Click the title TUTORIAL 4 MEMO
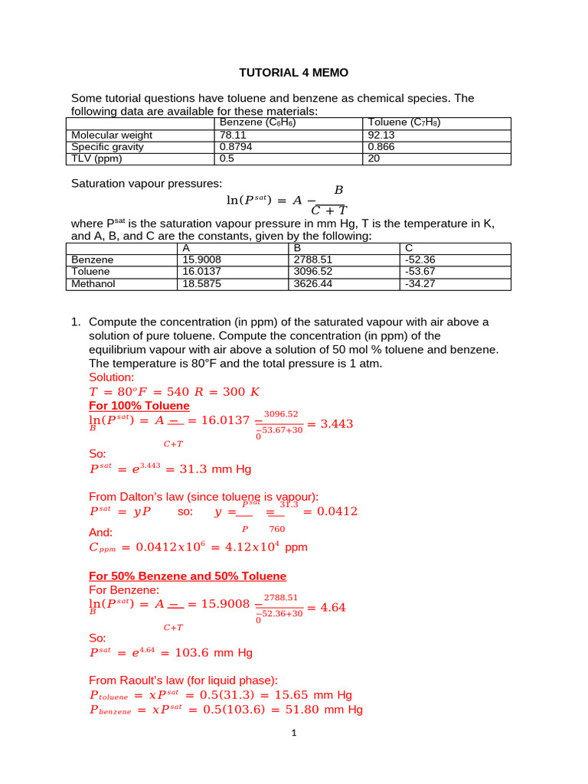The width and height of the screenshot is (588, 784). pos(293,73)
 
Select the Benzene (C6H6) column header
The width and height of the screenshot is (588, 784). pos(257,122)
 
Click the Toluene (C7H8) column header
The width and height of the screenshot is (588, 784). pos(403,122)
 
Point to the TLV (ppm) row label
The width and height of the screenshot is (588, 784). pos(96,158)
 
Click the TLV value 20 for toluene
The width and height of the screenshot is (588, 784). pos(374,158)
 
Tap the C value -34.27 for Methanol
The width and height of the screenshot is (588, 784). pos(420,283)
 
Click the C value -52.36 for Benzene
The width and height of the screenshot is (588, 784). pos(420,260)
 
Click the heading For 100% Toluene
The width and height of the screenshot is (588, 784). pos(139,405)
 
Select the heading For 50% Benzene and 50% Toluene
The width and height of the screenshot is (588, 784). pos(188,576)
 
